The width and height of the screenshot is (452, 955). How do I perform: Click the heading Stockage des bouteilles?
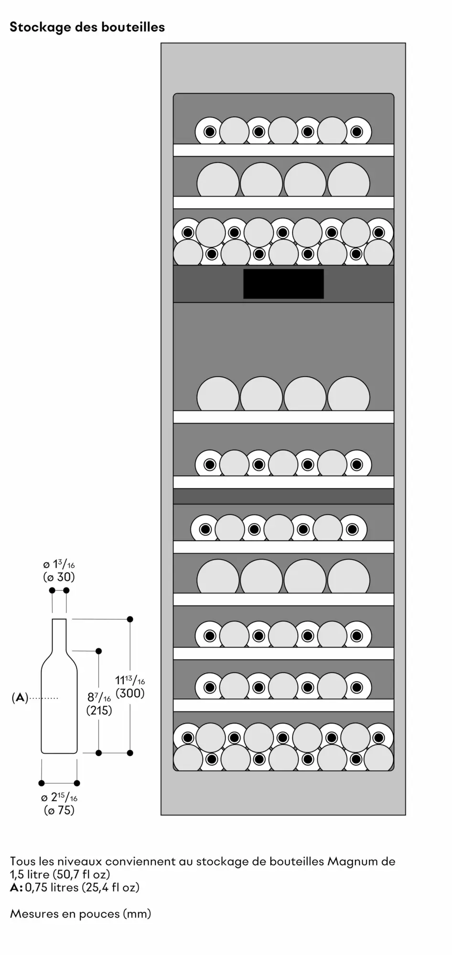pyautogui.click(x=87, y=27)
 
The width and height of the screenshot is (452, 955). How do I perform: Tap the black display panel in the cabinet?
pyautogui.click(x=283, y=284)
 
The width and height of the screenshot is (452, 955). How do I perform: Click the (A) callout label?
pyautogui.click(x=20, y=698)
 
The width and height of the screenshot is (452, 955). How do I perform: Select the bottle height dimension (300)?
pyautogui.click(x=130, y=693)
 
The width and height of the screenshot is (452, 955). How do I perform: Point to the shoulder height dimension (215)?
pyautogui.click(x=99, y=711)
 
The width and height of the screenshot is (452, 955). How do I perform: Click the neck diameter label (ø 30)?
pyautogui.click(x=59, y=577)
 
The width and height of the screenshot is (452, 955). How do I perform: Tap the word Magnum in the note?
pyautogui.click(x=347, y=861)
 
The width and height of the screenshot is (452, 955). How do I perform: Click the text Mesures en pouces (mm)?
pyautogui.click(x=80, y=914)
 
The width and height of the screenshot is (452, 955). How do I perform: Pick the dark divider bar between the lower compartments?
pyautogui.click(x=283, y=496)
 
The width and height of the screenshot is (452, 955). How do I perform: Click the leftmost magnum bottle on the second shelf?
pyautogui.click(x=218, y=180)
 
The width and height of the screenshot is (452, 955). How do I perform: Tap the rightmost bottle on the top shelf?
pyautogui.click(x=356, y=131)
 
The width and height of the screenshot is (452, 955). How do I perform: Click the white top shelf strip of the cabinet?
pyautogui.click(x=283, y=150)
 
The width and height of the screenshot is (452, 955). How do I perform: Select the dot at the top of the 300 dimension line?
pyautogui.click(x=130, y=619)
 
